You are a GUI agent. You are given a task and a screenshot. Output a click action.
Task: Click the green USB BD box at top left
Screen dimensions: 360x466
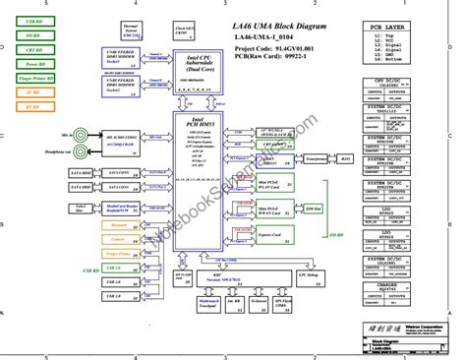click(x=33, y=20)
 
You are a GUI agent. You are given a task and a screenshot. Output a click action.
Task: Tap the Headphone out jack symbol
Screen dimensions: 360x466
click(x=70, y=150)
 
